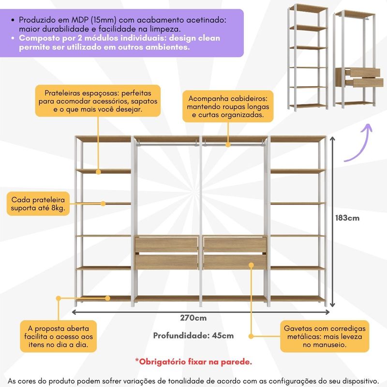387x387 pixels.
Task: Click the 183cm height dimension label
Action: tap(347, 218)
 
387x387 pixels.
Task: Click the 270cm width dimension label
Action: tap(193, 318)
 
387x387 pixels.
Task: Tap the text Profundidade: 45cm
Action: tap(193, 336)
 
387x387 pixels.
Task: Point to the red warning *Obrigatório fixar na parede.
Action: tap(193, 361)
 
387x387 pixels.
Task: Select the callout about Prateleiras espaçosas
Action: tap(98, 101)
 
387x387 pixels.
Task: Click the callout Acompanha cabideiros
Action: tap(227, 106)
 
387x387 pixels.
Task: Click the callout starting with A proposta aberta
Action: tap(58, 336)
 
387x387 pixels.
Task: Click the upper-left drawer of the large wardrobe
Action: tap(166, 245)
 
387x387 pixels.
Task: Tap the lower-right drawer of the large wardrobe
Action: tap(235, 262)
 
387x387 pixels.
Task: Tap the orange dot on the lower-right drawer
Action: tap(252, 265)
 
